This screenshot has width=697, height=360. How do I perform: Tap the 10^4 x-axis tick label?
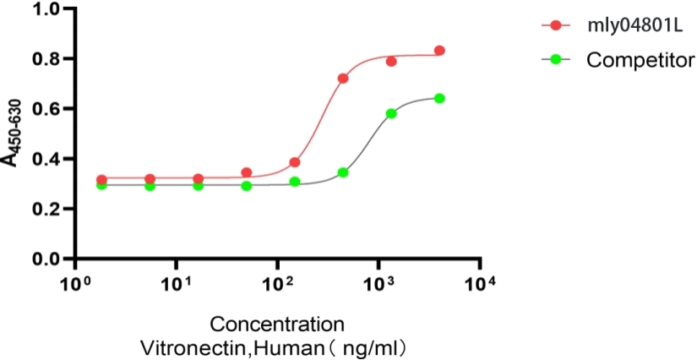[481, 281]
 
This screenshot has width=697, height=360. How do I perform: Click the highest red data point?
[439, 51]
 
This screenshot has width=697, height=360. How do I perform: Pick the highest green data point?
[439, 98]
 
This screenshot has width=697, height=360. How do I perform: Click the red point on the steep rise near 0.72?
[343, 79]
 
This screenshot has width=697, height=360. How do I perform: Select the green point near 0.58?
[391, 113]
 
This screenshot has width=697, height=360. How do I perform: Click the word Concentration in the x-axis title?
[277, 325]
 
